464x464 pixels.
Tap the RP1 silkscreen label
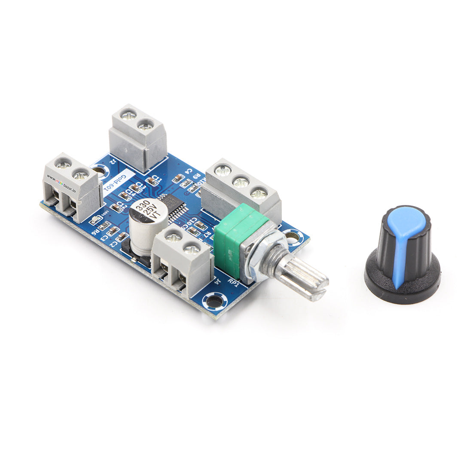coord(234,282)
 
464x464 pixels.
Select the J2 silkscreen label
coord(113,161)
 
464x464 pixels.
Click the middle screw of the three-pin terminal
coord(241,182)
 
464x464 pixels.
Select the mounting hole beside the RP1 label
coord(214,301)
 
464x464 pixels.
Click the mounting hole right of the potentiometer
coord(293,237)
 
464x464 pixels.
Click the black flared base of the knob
coord(402,284)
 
